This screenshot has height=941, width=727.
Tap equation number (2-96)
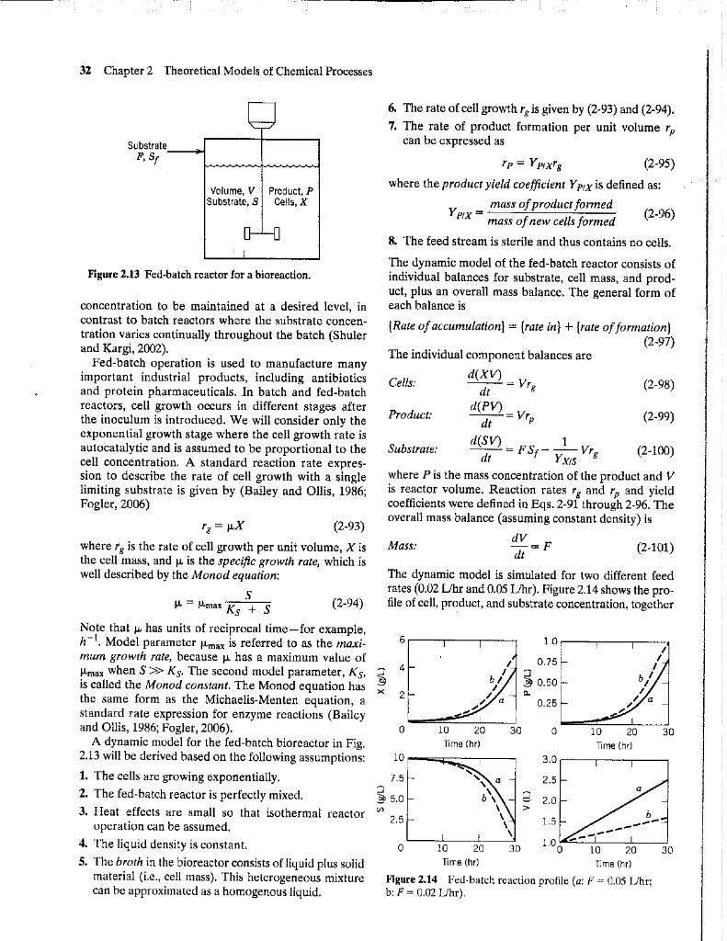click(x=659, y=213)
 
